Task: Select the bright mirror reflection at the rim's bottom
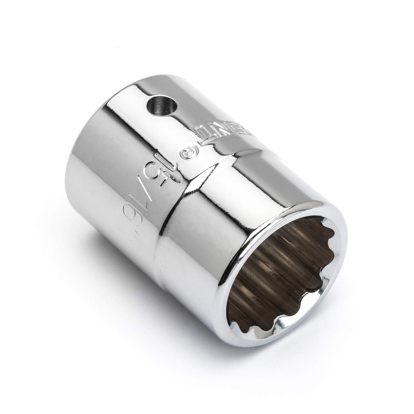click(x=269, y=336)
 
